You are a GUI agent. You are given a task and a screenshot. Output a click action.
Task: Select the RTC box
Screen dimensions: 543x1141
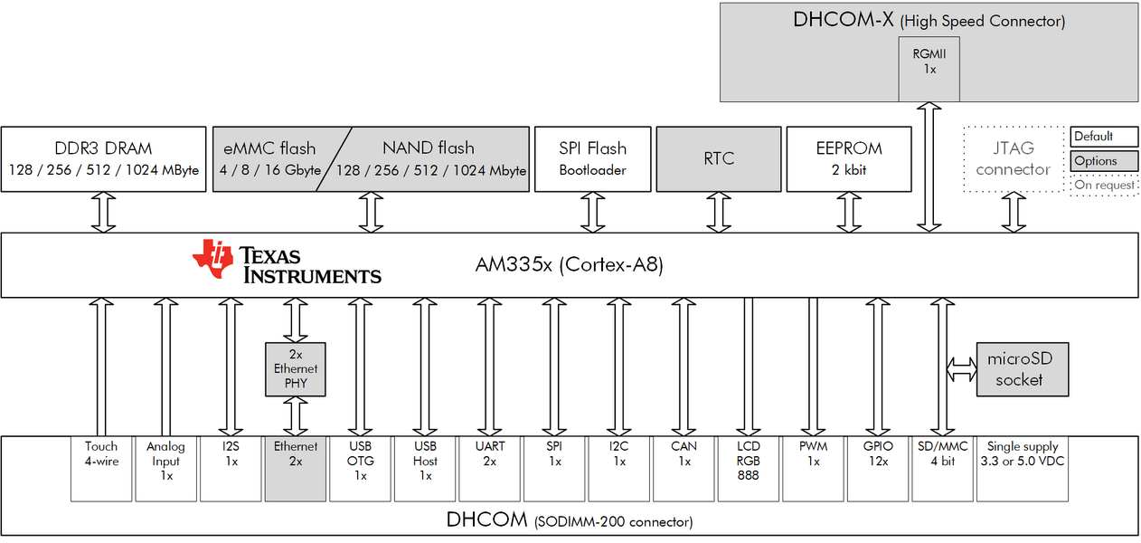(719, 159)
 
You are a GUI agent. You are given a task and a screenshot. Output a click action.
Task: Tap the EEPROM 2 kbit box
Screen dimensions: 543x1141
(850, 159)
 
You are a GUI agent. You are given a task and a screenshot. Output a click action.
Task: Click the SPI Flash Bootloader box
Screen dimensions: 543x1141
(593, 159)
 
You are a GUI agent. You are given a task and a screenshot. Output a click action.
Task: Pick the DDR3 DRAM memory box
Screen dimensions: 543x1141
(104, 159)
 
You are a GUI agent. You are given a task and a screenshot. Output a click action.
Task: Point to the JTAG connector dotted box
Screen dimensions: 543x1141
(1014, 159)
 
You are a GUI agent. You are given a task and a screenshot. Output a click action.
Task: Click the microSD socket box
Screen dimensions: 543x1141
(1020, 370)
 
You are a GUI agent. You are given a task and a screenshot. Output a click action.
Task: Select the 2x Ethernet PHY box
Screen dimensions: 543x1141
(296, 369)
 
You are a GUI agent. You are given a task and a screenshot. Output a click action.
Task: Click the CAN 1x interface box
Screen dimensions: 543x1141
(684, 468)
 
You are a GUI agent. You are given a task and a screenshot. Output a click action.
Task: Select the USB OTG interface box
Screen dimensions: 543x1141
(361, 468)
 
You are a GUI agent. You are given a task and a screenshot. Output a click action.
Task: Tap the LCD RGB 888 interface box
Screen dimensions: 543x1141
(749, 468)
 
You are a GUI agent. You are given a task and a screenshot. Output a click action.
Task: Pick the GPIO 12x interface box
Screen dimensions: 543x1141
(877, 468)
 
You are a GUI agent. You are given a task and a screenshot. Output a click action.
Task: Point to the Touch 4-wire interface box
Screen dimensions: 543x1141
(101, 468)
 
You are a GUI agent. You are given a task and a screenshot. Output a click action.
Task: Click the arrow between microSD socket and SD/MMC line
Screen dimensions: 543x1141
(959, 369)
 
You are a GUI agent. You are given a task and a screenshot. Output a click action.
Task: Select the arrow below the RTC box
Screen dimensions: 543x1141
(719, 213)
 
